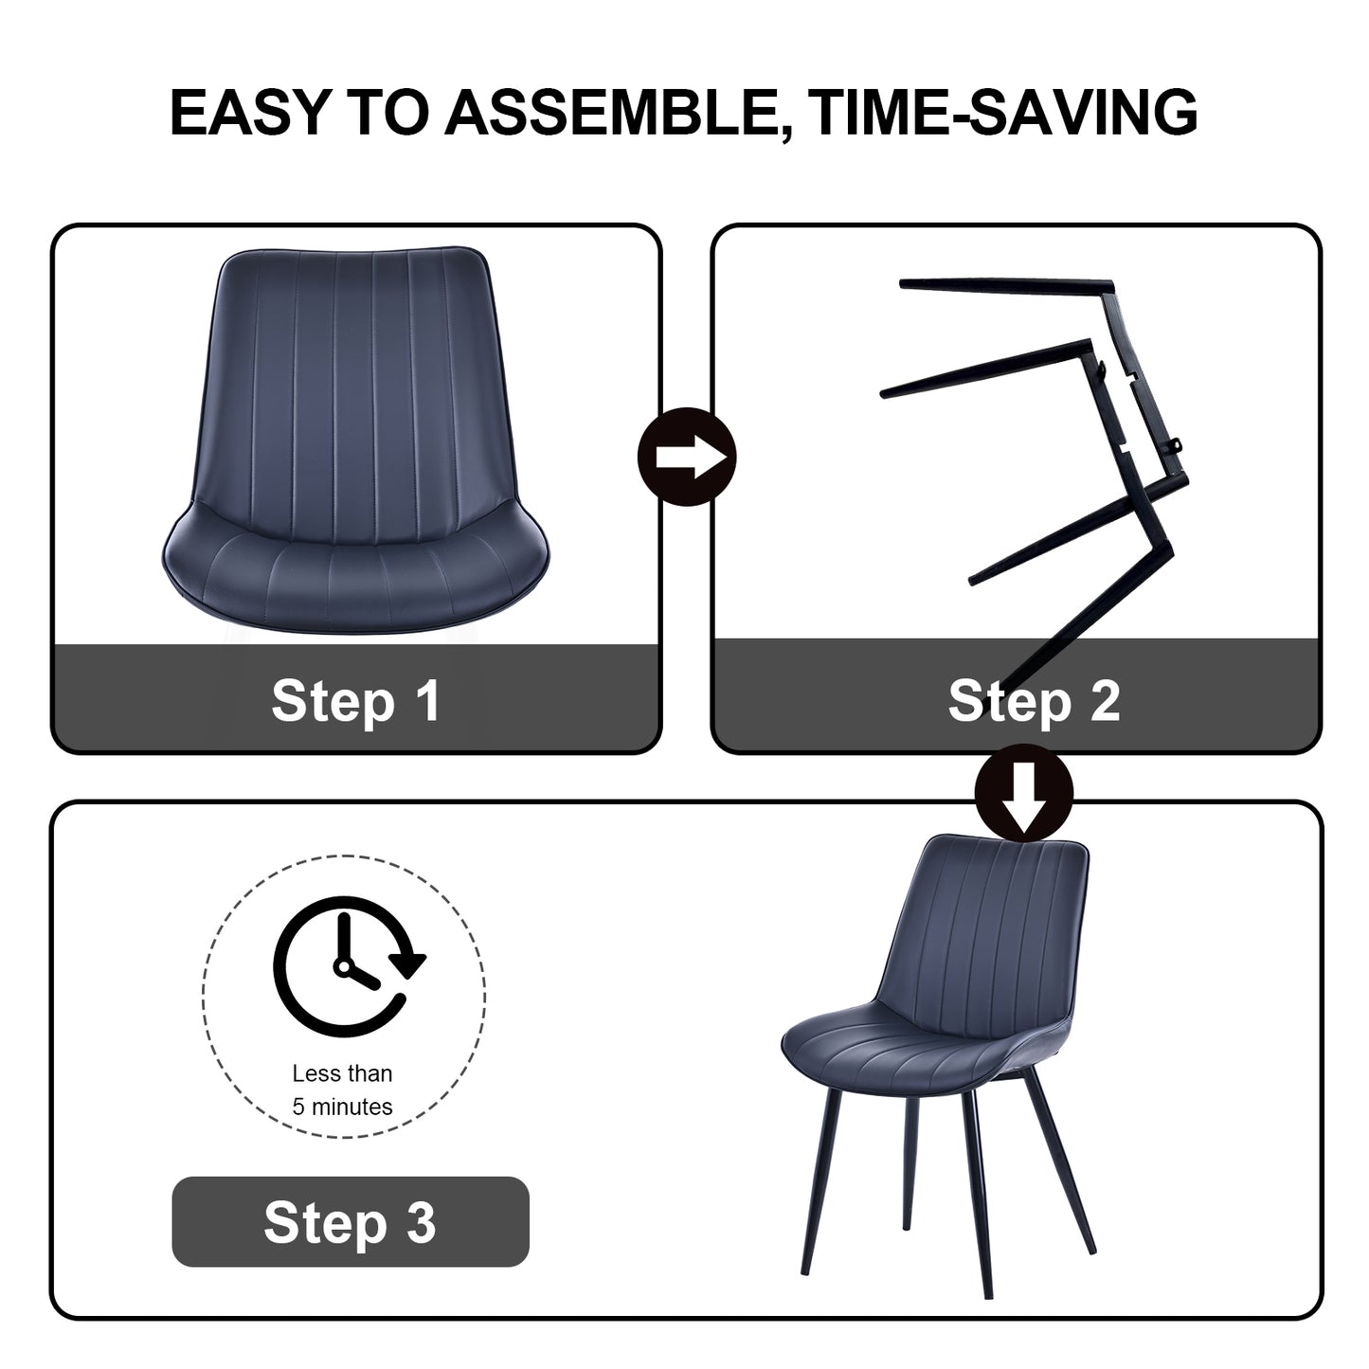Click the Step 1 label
355,700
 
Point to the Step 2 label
1034,700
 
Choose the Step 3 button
350,1221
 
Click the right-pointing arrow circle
688,457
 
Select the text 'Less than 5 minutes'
342,1090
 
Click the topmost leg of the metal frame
1004,285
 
